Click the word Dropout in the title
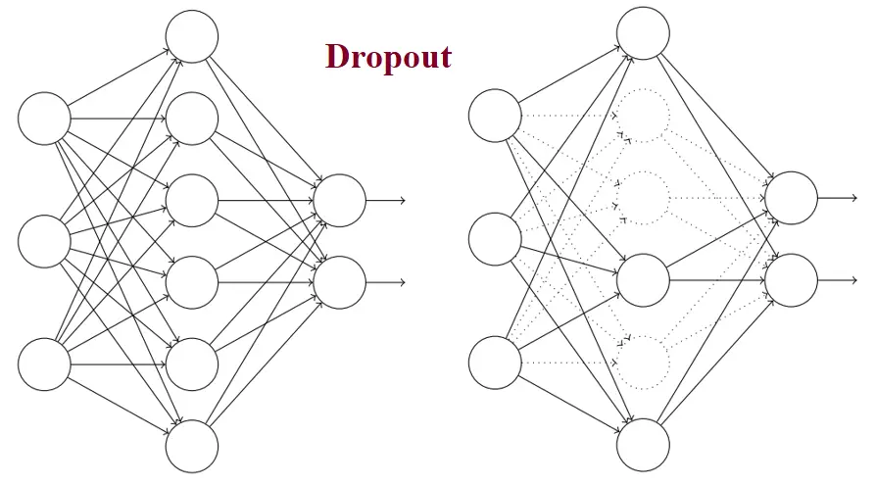[x=388, y=57]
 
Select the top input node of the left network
[x=44, y=119]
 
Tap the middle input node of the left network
[x=44, y=241]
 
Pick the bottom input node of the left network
[x=44, y=364]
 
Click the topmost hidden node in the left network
[x=191, y=36]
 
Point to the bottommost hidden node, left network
[x=191, y=447]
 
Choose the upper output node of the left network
[x=339, y=201]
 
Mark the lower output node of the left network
[x=339, y=282]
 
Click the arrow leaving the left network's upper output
[x=385, y=201]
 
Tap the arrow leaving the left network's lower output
[x=385, y=282]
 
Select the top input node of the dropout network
[x=495, y=116]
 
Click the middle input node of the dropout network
[x=495, y=238]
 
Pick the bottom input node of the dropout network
[x=495, y=362]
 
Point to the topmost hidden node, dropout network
[x=643, y=33]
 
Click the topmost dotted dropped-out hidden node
[x=643, y=116]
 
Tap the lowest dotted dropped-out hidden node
[x=643, y=362]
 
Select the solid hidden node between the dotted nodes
[x=643, y=279]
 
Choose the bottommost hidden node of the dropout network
[x=643, y=444]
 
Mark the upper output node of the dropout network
[x=791, y=198]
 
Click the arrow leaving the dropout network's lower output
[x=837, y=280]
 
